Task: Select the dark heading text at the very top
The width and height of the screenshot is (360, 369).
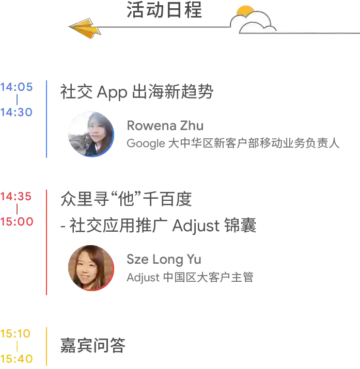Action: (163, 11)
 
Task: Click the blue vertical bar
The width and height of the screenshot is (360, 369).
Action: (48, 119)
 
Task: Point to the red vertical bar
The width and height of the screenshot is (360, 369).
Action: (48, 241)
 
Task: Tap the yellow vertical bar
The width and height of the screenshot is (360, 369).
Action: (48, 346)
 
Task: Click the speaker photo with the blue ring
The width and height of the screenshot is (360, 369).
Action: (90, 133)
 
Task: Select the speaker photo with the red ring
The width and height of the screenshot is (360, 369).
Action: (90, 267)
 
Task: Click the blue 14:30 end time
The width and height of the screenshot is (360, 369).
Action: (17, 113)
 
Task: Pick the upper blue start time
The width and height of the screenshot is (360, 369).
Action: (17, 88)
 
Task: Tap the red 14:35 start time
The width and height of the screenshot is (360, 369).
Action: (17, 197)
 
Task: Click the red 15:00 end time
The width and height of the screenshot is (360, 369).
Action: (17, 221)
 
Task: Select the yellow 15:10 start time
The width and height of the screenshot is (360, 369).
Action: (15, 333)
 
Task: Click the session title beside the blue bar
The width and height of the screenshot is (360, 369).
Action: (136, 91)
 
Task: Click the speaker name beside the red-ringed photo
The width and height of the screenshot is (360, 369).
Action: (163, 258)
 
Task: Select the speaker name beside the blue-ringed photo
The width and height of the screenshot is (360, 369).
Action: (165, 126)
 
